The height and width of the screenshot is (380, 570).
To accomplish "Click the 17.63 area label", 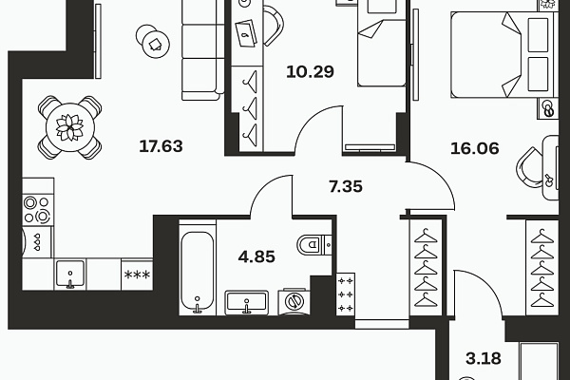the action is point(161,146).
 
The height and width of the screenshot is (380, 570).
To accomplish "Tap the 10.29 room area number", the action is point(310,71).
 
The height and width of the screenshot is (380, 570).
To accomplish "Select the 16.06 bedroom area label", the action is point(475,148).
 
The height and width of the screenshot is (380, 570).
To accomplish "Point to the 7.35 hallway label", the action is point(346,186).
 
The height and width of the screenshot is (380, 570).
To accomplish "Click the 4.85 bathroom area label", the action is point(256,256).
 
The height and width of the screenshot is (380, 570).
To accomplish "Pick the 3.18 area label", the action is point(484,358).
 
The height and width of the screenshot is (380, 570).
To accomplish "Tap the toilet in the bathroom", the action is point(313,244).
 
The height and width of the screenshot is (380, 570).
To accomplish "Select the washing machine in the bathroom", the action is point(294,301).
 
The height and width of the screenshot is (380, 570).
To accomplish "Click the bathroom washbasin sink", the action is point(246,302).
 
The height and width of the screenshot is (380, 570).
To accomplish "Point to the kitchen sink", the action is point(70,275).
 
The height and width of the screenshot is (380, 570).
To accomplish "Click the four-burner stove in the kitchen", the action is point(38,210).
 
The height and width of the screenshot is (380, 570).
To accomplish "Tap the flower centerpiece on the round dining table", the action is point(69,127).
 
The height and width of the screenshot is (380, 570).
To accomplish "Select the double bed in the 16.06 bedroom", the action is point(504,54).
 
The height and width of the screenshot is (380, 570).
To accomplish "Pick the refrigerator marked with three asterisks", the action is point(137,275).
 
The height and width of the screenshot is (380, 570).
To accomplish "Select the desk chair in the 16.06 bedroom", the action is point(528,168).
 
